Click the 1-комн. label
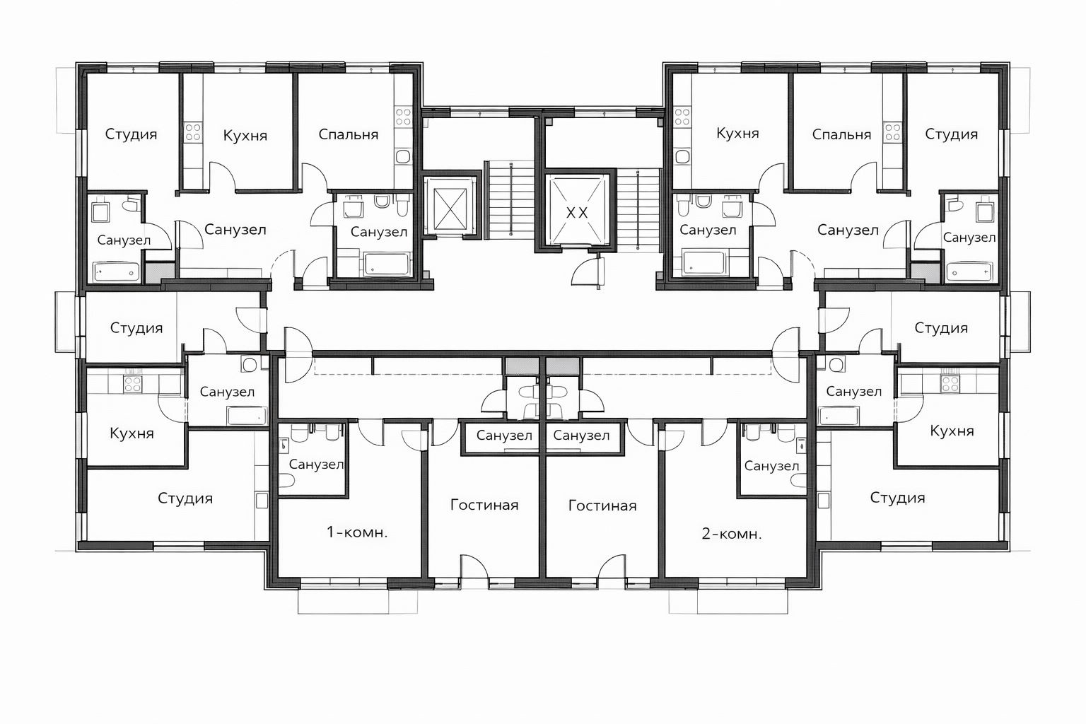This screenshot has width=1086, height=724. [x=357, y=532]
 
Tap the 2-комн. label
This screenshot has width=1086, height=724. [x=732, y=534]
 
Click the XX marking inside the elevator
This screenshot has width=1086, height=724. [x=577, y=212]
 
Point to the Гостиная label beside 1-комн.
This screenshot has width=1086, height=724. [x=484, y=505]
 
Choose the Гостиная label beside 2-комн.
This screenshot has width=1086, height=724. [x=602, y=506]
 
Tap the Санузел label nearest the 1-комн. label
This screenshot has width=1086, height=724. [x=316, y=464]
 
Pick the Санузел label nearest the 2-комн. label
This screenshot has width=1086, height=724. [x=771, y=466]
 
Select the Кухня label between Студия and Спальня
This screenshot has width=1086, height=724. [x=245, y=135]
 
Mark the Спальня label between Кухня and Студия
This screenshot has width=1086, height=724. [x=841, y=134]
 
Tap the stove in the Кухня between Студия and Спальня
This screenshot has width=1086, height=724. [x=193, y=132]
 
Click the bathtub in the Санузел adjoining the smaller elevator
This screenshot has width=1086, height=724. [x=387, y=264]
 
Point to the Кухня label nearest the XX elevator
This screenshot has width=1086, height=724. [x=737, y=133]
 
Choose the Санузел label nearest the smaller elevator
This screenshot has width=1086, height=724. [x=379, y=232]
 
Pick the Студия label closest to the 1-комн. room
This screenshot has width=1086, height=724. [x=185, y=498]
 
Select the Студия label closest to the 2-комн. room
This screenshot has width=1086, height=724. [x=897, y=497]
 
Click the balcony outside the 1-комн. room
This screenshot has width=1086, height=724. [x=357, y=601]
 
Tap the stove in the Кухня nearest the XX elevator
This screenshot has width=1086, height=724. [x=682, y=117]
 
